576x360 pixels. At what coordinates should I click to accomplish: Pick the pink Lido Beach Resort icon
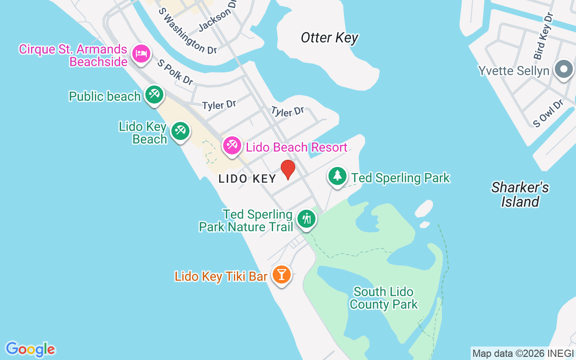pos(232,146)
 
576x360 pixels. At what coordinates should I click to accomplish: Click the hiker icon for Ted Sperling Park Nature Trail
pos(306,219)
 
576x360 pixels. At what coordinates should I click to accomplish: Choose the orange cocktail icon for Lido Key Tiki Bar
pos(282,274)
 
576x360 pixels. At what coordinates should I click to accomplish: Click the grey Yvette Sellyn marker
pos(563,70)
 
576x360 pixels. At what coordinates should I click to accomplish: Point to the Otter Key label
pos(329,38)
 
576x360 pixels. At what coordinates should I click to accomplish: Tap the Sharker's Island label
pos(520,194)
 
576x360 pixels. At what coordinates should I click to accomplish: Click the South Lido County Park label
pos(383,298)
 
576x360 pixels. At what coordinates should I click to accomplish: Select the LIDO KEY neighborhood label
pos(247,179)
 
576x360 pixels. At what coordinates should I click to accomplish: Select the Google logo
pos(30,349)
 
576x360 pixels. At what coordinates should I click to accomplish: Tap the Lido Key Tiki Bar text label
pos(221,276)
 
